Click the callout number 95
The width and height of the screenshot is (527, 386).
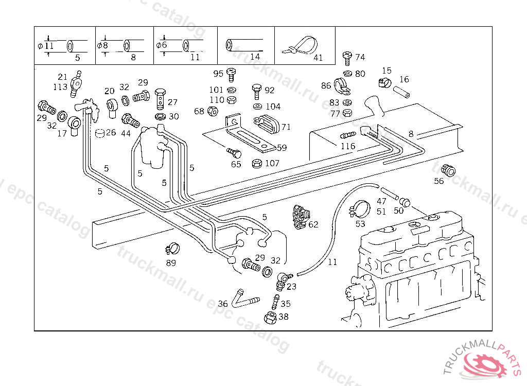click(x=218, y=74)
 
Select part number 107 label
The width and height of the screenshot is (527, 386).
click(x=272, y=163)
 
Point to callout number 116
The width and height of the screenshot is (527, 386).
click(x=348, y=146)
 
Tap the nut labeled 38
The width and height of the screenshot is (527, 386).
click(x=270, y=318)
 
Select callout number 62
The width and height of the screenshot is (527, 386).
click(x=313, y=224)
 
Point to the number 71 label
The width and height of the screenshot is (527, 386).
click(x=286, y=127)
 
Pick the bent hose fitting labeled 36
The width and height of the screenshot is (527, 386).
click(x=242, y=298)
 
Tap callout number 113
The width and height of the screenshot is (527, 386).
click(x=60, y=87)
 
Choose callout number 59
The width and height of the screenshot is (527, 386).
click(x=282, y=148)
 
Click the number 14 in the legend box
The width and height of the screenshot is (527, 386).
click(x=255, y=57)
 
